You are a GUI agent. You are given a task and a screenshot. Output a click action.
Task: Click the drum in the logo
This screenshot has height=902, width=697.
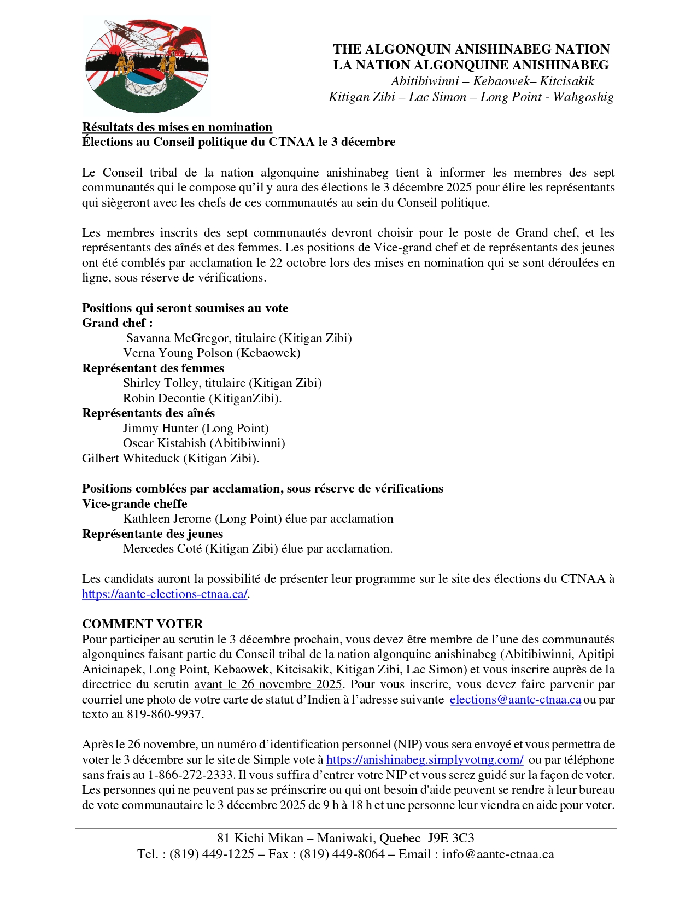coord(146,82)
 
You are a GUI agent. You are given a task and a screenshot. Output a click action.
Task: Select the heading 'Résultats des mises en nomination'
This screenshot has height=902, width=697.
coord(177,127)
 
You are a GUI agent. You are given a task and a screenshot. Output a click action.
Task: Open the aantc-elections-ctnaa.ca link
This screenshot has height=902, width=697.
coord(165,594)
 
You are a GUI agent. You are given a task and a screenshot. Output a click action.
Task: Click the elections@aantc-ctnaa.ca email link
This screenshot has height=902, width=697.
coord(515,700)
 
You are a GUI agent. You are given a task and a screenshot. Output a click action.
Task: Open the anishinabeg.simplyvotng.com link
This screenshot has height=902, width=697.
coord(425,760)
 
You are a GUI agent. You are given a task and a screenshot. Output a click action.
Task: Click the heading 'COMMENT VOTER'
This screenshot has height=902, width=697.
coord(142,624)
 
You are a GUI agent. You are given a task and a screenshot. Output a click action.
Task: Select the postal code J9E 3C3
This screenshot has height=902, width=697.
coord(450,839)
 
